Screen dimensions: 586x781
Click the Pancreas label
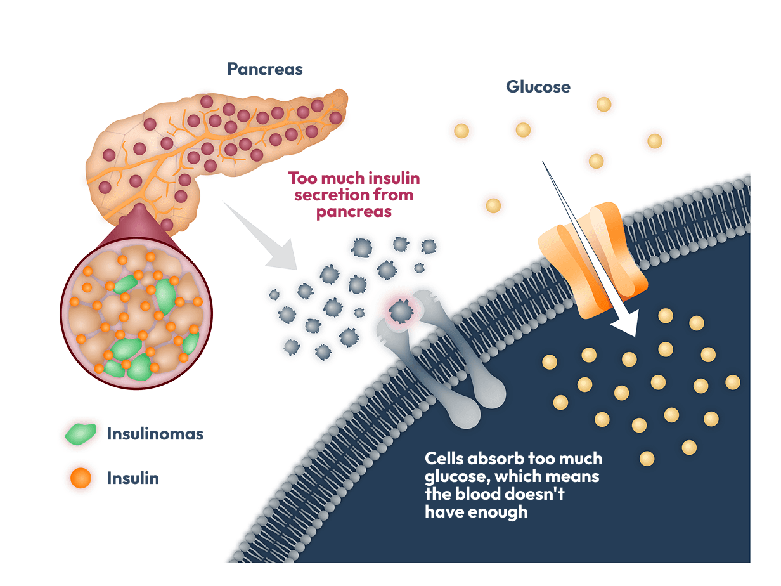pyautogui.click(x=265, y=69)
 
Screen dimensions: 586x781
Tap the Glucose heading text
pyautogui.click(x=538, y=87)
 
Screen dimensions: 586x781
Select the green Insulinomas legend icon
pyautogui.click(x=81, y=434)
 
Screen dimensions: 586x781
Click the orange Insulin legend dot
pyautogui.click(x=81, y=478)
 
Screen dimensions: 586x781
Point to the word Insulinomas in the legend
pyautogui.click(x=155, y=434)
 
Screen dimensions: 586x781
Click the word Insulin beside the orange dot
pyautogui.click(x=133, y=478)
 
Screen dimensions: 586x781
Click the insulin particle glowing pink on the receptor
pyautogui.click(x=400, y=310)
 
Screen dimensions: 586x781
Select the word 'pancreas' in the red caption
pyautogui.click(x=354, y=212)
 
